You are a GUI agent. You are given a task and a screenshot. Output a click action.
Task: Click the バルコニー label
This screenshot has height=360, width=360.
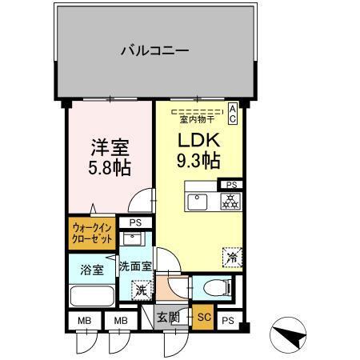(154, 51)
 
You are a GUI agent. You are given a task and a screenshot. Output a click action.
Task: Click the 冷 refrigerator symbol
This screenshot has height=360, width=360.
(230, 258)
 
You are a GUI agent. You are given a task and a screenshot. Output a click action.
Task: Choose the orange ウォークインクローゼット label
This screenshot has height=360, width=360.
(92, 234)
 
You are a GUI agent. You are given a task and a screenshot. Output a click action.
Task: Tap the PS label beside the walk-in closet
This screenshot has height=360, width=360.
(135, 223)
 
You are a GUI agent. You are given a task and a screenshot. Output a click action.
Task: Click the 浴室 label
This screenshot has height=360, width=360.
(90, 269)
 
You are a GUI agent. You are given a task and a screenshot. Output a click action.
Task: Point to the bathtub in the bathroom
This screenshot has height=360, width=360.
(92, 296)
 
